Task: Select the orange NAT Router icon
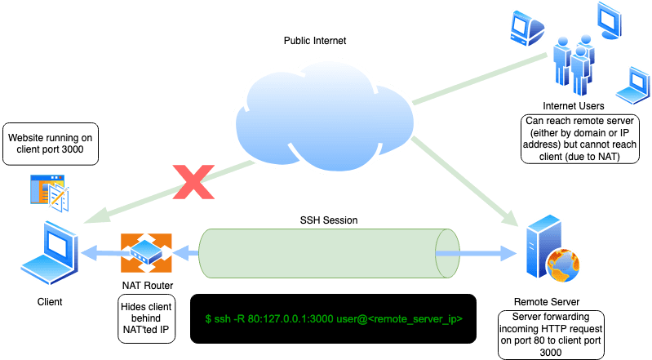coord(147,253)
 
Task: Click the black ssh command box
coord(332,318)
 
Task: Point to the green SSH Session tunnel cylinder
coord(326,253)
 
